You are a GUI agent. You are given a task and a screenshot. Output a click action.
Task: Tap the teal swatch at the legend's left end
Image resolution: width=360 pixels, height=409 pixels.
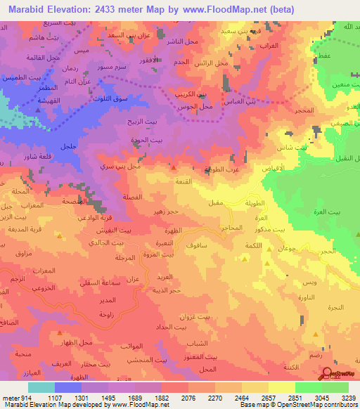[x=41, y=387]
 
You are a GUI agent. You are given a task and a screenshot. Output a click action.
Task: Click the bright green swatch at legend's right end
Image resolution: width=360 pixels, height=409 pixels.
[x=335, y=387]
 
